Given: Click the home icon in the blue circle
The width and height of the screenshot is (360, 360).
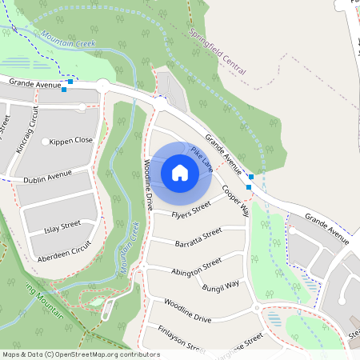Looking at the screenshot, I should [x=179, y=172].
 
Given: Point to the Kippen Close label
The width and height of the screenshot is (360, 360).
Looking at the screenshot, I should [x=71, y=140].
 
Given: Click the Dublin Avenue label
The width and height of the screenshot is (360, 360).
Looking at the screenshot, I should [x=47, y=177].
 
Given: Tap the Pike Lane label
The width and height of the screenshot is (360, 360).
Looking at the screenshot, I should [x=202, y=158].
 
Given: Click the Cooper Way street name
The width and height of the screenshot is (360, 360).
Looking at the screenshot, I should [x=237, y=200].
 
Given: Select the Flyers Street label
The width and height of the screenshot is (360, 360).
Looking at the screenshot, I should [x=190, y=210].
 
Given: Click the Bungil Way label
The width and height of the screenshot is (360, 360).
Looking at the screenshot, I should [x=221, y=286].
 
